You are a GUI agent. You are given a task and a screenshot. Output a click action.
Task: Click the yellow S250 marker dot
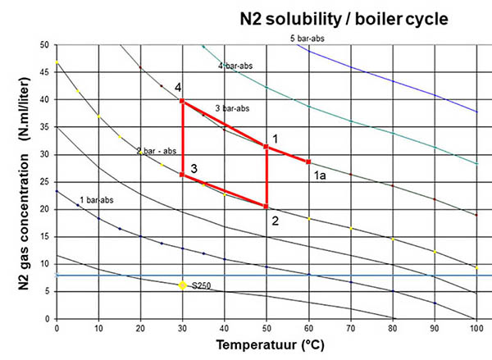pos(183,285)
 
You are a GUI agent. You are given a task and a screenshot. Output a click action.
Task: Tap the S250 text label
pos(201,285)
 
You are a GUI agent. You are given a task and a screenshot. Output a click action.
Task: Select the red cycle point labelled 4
pos(182,101)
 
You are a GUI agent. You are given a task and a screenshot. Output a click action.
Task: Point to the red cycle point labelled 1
pos(266,146)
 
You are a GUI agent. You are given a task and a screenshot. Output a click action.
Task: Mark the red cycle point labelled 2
pos(266,206)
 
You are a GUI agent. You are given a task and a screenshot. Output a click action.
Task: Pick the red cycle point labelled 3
pos(182,174)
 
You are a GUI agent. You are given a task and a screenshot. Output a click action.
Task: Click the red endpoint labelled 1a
pos(308,162)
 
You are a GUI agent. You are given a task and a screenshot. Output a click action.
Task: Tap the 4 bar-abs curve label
pos(235,66)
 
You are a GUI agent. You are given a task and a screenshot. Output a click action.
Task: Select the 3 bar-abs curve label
pos(233,108)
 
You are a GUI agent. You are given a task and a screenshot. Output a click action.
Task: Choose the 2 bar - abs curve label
pos(157,151)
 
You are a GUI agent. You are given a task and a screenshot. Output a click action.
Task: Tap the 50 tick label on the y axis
pos(44,45)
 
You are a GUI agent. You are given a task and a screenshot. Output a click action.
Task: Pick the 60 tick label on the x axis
pos(308,329)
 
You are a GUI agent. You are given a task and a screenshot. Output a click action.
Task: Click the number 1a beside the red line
pos(321,174)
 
